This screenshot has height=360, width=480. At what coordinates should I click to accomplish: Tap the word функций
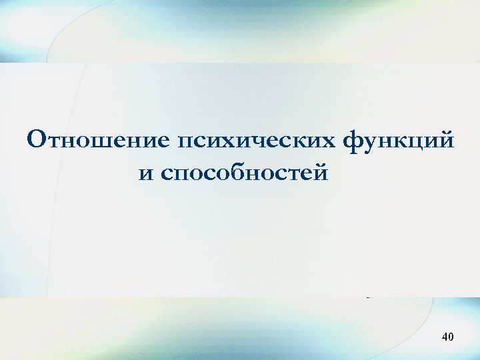(x=399, y=141)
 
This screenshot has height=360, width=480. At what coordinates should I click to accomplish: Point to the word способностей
(x=244, y=175)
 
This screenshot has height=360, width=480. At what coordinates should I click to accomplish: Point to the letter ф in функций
(x=354, y=141)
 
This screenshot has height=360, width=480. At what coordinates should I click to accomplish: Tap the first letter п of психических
(x=186, y=142)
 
